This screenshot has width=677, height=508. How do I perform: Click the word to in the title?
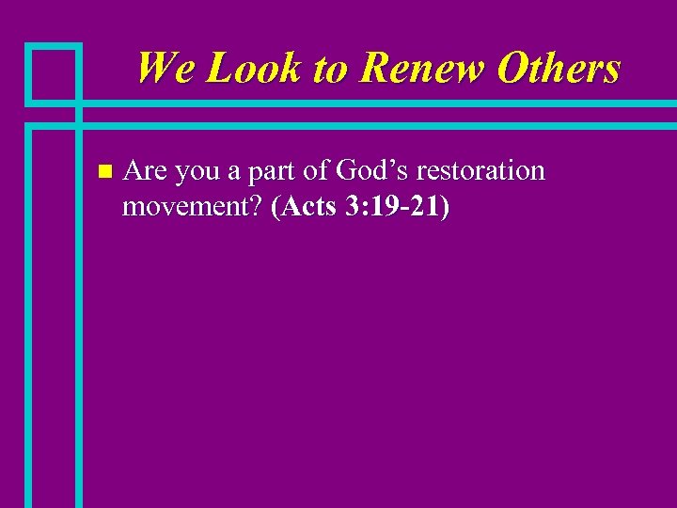(x=330, y=69)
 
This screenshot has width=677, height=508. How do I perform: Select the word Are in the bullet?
(x=146, y=170)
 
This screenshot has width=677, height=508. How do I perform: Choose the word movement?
(x=193, y=207)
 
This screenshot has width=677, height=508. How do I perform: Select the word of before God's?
(x=320, y=170)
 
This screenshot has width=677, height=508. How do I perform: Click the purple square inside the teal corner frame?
(x=53, y=72)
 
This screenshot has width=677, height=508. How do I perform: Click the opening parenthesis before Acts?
(x=275, y=207)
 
